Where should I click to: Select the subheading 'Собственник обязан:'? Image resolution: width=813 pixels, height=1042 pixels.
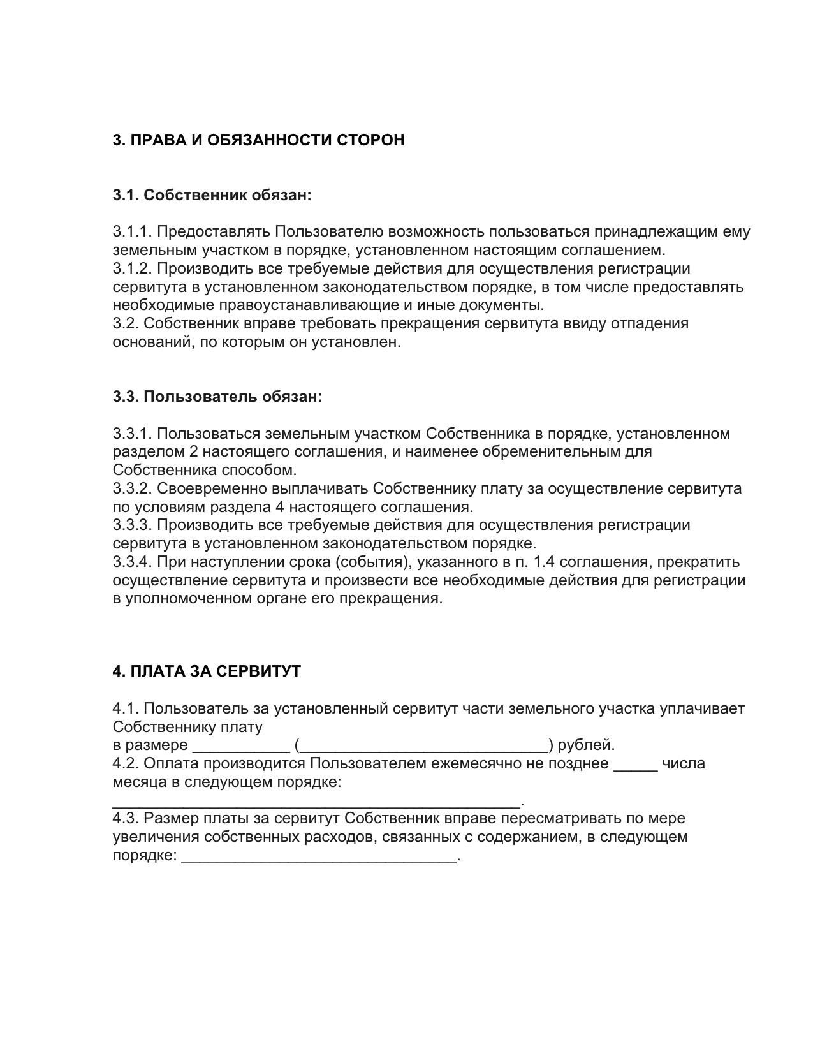pos(228,195)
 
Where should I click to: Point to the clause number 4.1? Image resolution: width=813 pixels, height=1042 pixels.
pos(126,708)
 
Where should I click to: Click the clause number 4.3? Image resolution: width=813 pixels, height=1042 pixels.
pos(126,818)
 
